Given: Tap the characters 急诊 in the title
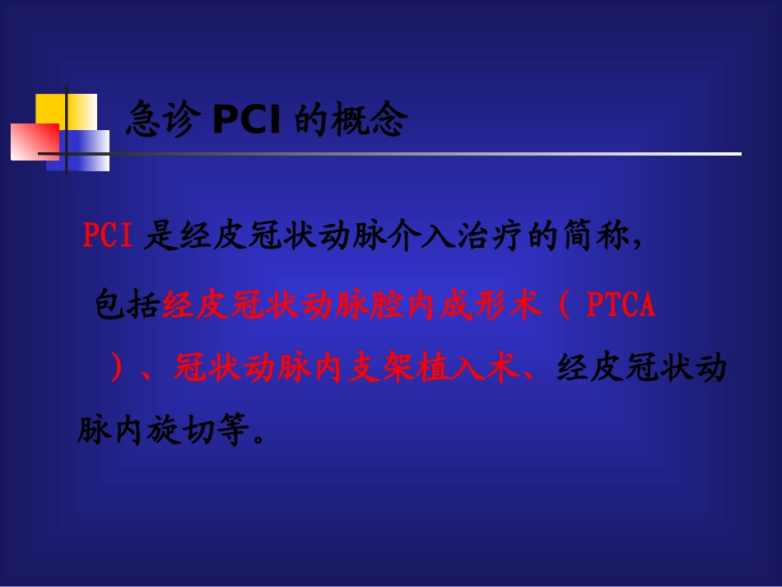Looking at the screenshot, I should [163, 122].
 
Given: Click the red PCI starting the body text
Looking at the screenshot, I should [108, 236].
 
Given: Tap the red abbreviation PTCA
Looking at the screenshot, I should [621, 305].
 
